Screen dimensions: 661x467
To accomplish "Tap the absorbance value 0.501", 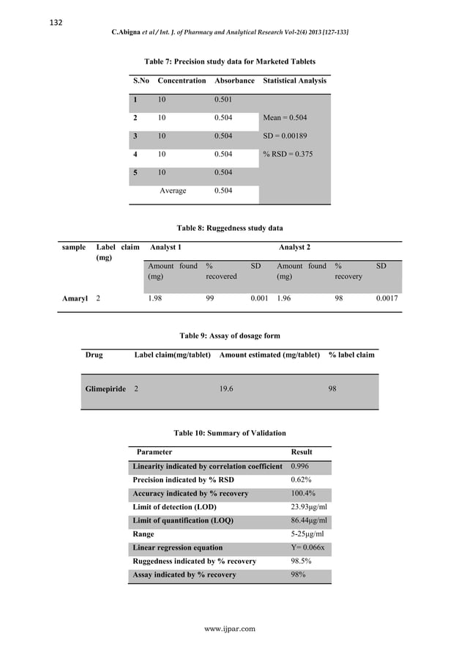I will pos(224,100).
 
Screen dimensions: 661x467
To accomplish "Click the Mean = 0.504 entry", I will pos(285,118).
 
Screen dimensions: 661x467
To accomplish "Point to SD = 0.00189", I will pos(287,136).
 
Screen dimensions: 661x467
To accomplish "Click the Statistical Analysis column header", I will pos(294,81).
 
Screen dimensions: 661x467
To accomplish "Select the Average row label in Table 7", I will pos(173,191).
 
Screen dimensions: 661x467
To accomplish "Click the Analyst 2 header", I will pos(294,248).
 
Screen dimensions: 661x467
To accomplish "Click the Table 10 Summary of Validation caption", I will pos(229,433).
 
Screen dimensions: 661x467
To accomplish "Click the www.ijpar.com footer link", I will pos(230,629).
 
